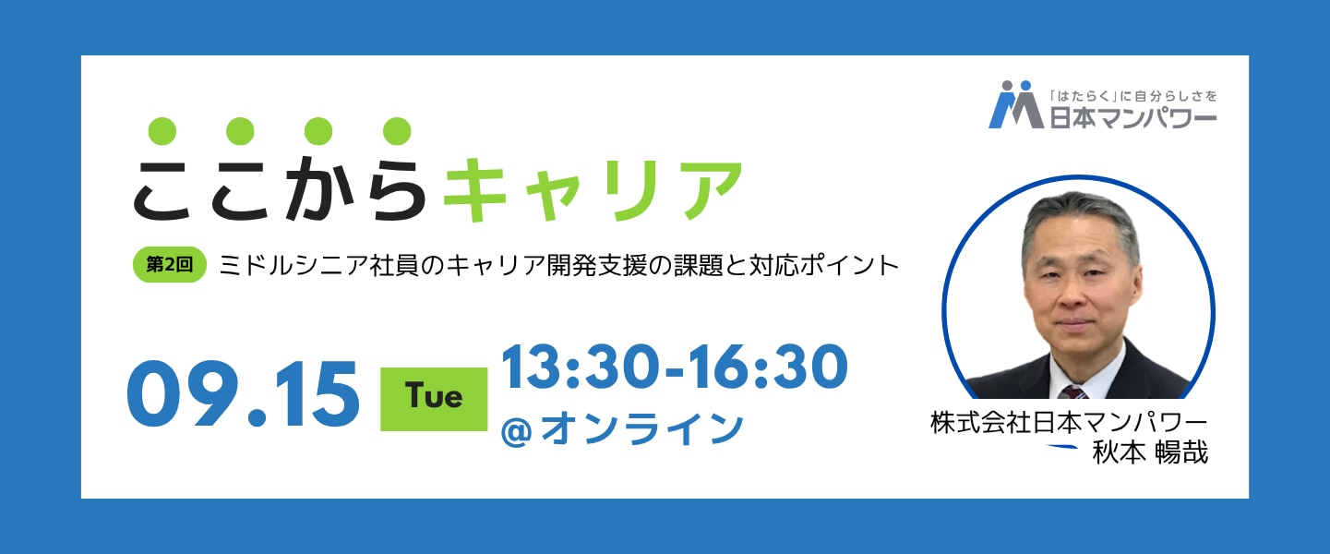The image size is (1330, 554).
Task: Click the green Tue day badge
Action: pyautogui.click(x=434, y=399)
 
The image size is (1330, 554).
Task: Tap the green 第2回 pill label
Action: pyautogui.click(x=169, y=264)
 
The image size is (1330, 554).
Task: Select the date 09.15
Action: pyautogui.click(x=243, y=394)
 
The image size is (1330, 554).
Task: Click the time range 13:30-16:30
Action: pyautogui.click(x=675, y=367)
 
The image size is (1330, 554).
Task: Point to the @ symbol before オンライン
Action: pyautogui.click(x=516, y=432)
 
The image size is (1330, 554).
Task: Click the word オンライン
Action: pyautogui.click(x=641, y=428)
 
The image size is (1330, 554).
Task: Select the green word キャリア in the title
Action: pyautogui.click(x=593, y=190)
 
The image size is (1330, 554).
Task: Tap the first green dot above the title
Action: pyautogui.click(x=162, y=131)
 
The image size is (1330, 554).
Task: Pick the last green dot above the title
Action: pyautogui.click(x=397, y=131)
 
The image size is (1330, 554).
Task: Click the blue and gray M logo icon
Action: pyautogui.click(x=1015, y=104)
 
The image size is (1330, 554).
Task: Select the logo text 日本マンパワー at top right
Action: pyautogui.click(x=1132, y=117)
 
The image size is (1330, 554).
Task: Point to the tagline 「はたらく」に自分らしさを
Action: pyautogui.click(x=1132, y=96)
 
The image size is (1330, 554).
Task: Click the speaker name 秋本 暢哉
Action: pyautogui.click(x=1150, y=453)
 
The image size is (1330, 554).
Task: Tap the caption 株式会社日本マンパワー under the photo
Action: pyautogui.click(x=1069, y=424)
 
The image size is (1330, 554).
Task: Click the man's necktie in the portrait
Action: pyautogui.click(x=1073, y=391)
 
